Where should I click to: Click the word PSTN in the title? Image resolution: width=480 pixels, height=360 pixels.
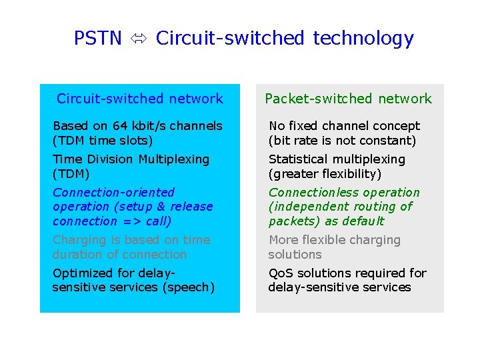[x=97, y=39]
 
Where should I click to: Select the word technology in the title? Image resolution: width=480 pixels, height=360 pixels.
[x=363, y=39]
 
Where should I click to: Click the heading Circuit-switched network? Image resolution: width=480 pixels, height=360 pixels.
[x=139, y=99]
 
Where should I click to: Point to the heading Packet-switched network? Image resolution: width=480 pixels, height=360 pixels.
[x=348, y=99]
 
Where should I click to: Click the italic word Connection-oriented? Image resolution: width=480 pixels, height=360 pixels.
[x=113, y=193]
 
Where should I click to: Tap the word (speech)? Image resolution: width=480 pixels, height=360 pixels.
[x=191, y=287]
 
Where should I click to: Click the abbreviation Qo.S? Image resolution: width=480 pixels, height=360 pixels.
[x=281, y=273]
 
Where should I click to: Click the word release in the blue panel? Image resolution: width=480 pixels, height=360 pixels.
[x=190, y=207]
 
